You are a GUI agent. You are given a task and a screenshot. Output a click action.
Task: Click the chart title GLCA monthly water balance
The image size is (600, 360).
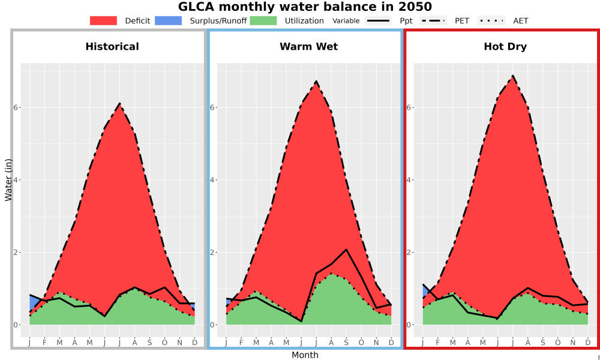305,7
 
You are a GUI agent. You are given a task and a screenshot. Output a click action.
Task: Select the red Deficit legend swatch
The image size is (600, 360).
103,20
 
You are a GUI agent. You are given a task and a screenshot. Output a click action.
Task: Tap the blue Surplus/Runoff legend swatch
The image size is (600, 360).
169,20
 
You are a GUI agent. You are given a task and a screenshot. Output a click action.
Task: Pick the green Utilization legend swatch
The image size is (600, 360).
263,20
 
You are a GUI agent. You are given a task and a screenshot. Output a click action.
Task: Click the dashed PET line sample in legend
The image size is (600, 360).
433,20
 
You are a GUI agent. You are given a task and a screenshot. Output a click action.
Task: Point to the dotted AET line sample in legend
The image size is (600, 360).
491,20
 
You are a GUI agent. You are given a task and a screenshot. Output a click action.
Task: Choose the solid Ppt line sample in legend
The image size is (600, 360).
378,20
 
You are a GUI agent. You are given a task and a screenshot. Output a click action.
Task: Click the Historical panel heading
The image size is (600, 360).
112,47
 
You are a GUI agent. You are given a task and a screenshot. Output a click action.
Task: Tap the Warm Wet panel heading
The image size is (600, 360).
309,47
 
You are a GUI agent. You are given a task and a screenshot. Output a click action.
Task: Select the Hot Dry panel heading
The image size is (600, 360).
505,47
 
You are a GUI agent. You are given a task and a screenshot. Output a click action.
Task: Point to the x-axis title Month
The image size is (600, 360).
305,355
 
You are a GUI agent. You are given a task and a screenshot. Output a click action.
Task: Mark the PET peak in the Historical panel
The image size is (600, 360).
120,103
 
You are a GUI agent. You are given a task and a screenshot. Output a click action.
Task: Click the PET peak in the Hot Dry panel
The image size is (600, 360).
513,76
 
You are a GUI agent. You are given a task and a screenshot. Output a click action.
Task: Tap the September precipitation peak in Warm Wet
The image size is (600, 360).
346,250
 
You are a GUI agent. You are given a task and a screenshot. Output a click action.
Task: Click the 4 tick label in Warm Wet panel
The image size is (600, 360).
212,180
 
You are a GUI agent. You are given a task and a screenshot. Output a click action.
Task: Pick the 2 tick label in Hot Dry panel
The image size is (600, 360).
409,253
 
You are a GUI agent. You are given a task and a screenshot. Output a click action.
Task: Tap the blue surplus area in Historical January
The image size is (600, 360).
33,303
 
